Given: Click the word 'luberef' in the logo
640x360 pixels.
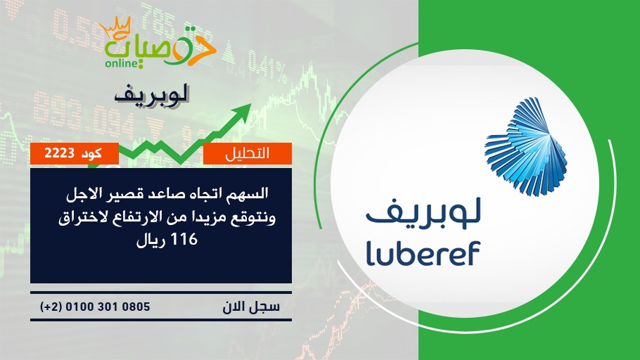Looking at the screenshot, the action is pos(423,253).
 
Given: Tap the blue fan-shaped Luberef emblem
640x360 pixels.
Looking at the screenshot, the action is pos(526,146).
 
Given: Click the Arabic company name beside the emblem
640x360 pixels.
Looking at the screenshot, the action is pos(423,211).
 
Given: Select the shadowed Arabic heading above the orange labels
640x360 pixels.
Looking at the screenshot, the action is pos(151,96).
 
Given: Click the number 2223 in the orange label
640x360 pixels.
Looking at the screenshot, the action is pos(59,153).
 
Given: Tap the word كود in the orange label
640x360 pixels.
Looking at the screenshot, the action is pos(91,153).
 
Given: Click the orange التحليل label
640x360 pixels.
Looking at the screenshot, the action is pos(248,153).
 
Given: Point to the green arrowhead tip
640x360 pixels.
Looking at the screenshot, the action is pos(251,104).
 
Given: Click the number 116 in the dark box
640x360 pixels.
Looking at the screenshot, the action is pos(184,239).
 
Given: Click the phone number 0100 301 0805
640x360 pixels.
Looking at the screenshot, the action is pos(108,307).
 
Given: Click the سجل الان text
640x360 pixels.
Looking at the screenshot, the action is pos(251,307).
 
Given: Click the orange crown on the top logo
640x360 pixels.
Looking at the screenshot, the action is pos(114,27).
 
